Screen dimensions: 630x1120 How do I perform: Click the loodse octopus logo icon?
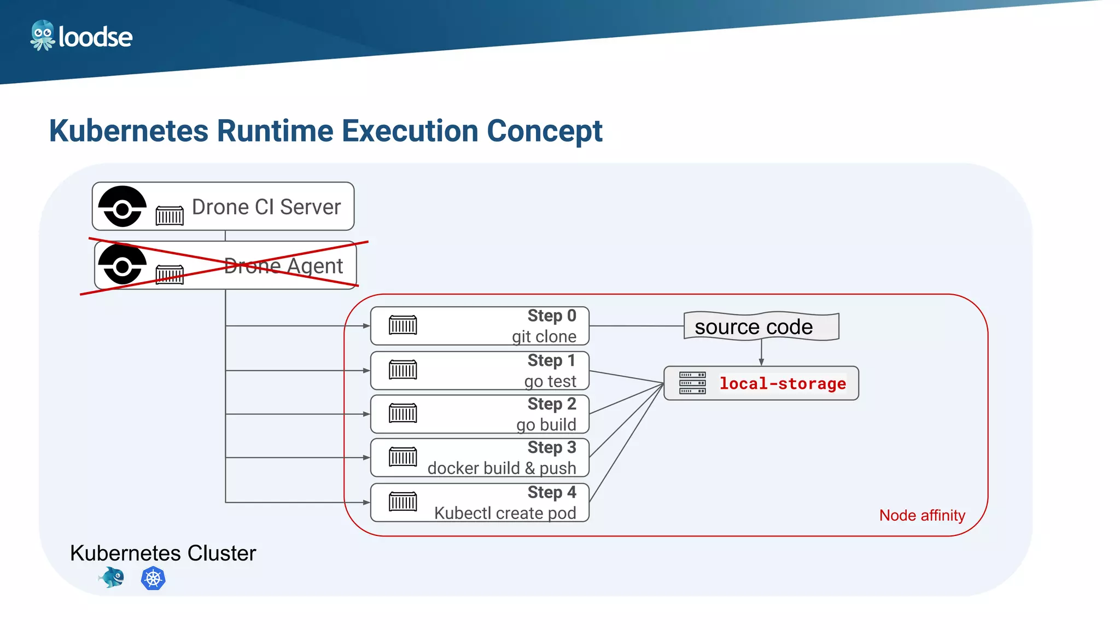pos(42,36)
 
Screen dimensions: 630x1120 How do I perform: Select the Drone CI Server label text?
pos(266,207)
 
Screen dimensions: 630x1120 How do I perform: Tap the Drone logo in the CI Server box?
pos(122,207)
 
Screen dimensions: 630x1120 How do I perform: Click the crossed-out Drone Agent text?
pos(283,266)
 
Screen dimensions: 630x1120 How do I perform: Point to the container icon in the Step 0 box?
pos(402,325)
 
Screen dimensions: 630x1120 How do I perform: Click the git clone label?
pos(544,336)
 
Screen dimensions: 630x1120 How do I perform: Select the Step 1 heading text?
pos(551,361)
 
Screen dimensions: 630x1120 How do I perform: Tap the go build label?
pos(546,425)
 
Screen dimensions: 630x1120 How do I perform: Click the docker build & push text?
pos(501,469)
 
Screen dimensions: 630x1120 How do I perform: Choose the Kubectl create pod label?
pos(505,513)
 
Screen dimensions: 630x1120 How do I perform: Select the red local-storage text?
pos(782,384)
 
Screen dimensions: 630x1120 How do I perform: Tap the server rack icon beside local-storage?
pos(692,383)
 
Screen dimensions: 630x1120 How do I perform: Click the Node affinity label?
pos(922,515)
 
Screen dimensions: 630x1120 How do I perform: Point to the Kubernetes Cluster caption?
pos(163,553)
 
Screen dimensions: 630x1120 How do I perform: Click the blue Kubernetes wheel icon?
pos(153,579)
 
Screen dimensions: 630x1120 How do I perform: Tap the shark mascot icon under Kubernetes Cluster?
pos(112,577)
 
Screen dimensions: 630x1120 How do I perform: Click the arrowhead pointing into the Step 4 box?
pos(366,502)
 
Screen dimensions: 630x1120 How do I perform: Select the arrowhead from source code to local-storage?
pos(761,362)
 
